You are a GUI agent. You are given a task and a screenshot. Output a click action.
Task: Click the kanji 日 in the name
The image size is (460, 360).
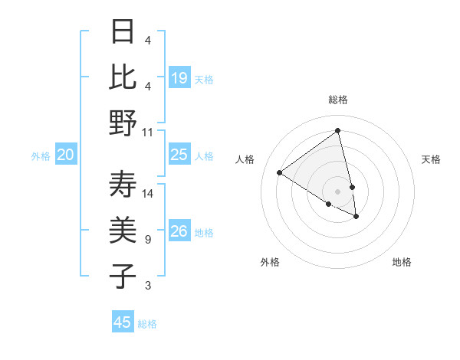point(123,31)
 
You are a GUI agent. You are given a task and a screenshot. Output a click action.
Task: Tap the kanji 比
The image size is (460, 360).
point(123,77)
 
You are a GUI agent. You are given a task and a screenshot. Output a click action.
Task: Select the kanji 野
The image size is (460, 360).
point(123,123)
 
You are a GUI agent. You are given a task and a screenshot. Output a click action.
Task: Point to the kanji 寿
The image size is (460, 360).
point(123,185)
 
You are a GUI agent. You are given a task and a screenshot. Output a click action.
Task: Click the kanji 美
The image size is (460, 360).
point(123,230)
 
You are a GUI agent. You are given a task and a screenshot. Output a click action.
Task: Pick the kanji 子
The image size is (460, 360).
point(123,276)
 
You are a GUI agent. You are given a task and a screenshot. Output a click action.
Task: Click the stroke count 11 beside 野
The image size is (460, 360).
point(148,132)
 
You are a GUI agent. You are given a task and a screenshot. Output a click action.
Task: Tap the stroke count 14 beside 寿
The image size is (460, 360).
point(148,193)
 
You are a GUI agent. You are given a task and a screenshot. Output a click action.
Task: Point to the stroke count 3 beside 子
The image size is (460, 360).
point(147,286)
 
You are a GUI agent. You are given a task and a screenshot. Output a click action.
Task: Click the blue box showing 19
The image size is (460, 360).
point(179,77)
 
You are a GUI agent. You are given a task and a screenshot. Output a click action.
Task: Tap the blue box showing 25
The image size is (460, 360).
point(179,155)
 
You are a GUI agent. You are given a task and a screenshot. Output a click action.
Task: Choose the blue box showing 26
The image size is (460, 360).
point(179,231)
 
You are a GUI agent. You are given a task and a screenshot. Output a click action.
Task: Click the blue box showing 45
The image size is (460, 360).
point(123,322)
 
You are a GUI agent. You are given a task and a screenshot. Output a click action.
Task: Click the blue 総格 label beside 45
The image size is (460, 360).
point(147,324)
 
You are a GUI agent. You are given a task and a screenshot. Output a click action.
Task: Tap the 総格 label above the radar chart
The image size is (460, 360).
point(338,100)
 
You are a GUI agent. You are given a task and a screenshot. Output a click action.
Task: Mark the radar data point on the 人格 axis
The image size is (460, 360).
point(280,172)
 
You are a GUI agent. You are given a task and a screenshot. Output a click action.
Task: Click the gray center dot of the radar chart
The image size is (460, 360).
point(338,190)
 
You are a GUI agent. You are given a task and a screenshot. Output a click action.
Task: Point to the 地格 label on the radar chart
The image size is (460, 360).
point(402,262)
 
